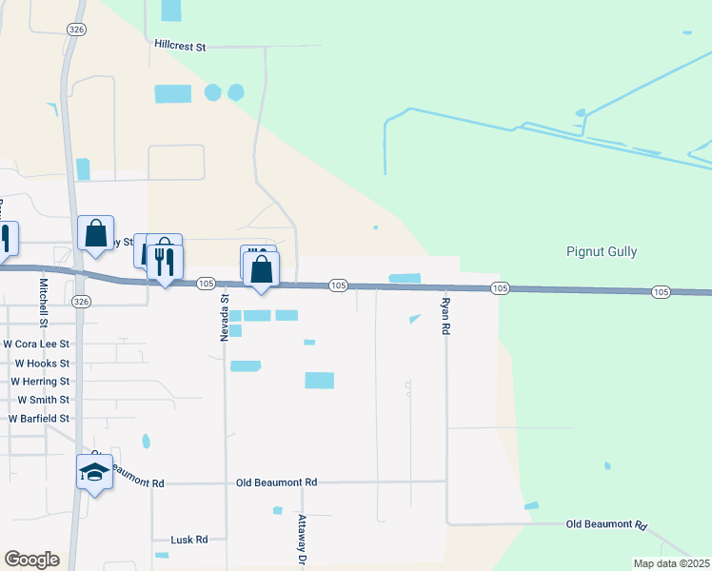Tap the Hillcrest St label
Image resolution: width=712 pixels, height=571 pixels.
(x=180, y=45)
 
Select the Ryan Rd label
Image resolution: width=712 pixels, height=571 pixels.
(x=445, y=316)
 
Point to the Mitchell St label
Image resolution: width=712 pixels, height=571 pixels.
(x=43, y=299)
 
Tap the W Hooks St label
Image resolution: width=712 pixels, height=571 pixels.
(x=42, y=364)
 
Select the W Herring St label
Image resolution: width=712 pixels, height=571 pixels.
(x=40, y=382)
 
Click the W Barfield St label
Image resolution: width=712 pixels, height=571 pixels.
(x=39, y=419)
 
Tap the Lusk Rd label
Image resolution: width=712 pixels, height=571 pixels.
(x=188, y=540)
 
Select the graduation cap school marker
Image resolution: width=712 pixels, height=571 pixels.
(x=94, y=472)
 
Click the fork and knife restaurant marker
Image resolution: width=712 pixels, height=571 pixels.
(x=166, y=260)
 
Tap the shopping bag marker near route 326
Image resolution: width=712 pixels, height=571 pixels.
(x=95, y=233)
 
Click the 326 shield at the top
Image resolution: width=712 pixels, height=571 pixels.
(x=76, y=30)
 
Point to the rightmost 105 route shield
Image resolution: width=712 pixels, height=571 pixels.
(x=662, y=291)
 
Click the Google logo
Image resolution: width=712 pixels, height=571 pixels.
(x=31, y=560)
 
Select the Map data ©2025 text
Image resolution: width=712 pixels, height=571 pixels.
(x=671, y=563)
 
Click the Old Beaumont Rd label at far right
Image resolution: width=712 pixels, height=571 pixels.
(x=606, y=525)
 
